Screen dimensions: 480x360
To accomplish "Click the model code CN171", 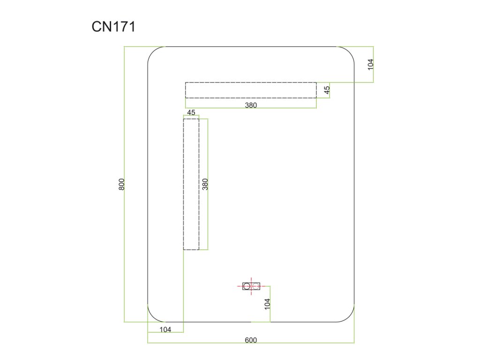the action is click(113, 27).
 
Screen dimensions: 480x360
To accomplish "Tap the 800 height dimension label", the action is click(121, 184).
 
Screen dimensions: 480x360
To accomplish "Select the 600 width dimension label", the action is click(251, 340).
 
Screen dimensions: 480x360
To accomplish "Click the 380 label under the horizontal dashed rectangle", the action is click(251, 105).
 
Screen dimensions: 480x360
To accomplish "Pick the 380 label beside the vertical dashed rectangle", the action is click(205, 184).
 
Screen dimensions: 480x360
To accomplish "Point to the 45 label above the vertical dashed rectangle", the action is click(191, 112).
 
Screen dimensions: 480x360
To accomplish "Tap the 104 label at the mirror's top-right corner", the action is click(370, 64).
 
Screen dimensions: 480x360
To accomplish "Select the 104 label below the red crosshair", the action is click(267, 304).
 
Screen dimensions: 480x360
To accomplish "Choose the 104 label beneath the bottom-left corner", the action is click(165, 330).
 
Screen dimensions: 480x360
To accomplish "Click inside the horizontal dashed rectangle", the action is click(251, 90).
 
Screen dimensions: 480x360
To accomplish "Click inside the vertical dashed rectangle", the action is click(191, 184).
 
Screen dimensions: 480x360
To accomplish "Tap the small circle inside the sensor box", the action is click(247, 285).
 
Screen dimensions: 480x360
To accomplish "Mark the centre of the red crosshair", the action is click(252, 285).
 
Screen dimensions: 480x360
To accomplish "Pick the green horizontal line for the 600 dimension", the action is click(211, 343).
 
